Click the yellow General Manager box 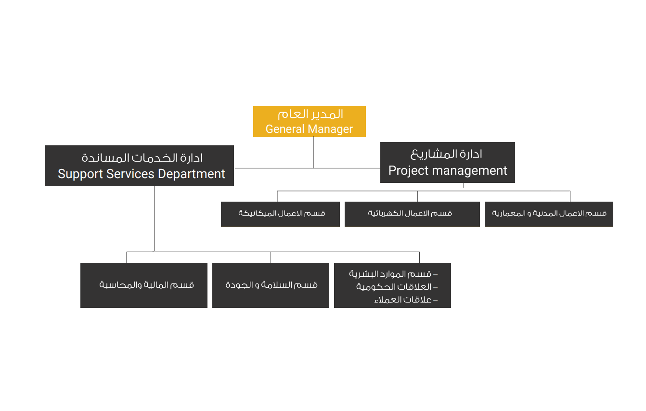309,121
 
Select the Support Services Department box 140,166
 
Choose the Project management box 447,162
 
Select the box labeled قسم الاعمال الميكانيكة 280,214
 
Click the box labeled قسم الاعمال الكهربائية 412,214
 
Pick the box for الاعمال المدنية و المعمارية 549,214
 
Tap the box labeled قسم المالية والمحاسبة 144,285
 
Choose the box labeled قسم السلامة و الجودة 271,285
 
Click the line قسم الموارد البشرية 393,274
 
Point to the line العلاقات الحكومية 397,287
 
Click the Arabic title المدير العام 310,115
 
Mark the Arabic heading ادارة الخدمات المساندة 142,158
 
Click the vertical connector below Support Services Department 155,219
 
